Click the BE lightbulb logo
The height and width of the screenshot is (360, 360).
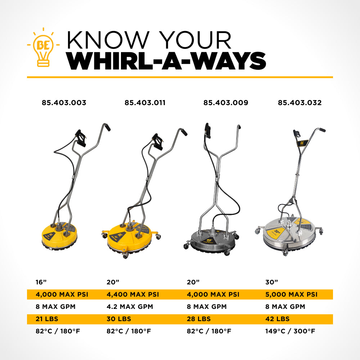[x=43, y=47]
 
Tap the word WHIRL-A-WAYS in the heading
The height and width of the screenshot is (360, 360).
[x=167, y=61]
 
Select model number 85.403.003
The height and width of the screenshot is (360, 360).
[x=64, y=103]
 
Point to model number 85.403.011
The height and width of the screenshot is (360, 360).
[x=145, y=103]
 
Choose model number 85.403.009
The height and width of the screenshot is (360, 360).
[x=226, y=103]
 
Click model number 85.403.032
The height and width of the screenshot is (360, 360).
[x=300, y=103]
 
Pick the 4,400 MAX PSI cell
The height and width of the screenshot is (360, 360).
[x=133, y=294]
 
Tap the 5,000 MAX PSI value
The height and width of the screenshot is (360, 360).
[x=292, y=294]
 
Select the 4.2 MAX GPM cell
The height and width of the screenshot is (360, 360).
[x=130, y=307]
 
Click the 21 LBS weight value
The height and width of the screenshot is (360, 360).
[x=47, y=319]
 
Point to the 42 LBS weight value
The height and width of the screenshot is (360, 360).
[x=277, y=319]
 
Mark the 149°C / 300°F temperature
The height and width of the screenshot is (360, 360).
[x=290, y=331]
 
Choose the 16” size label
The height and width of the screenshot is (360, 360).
[x=41, y=282]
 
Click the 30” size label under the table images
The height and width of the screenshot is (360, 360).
[x=271, y=282]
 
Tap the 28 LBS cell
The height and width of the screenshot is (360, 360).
[x=199, y=319]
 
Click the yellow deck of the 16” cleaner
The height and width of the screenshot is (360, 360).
[x=59, y=235]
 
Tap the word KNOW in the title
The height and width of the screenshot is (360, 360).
[x=108, y=40]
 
